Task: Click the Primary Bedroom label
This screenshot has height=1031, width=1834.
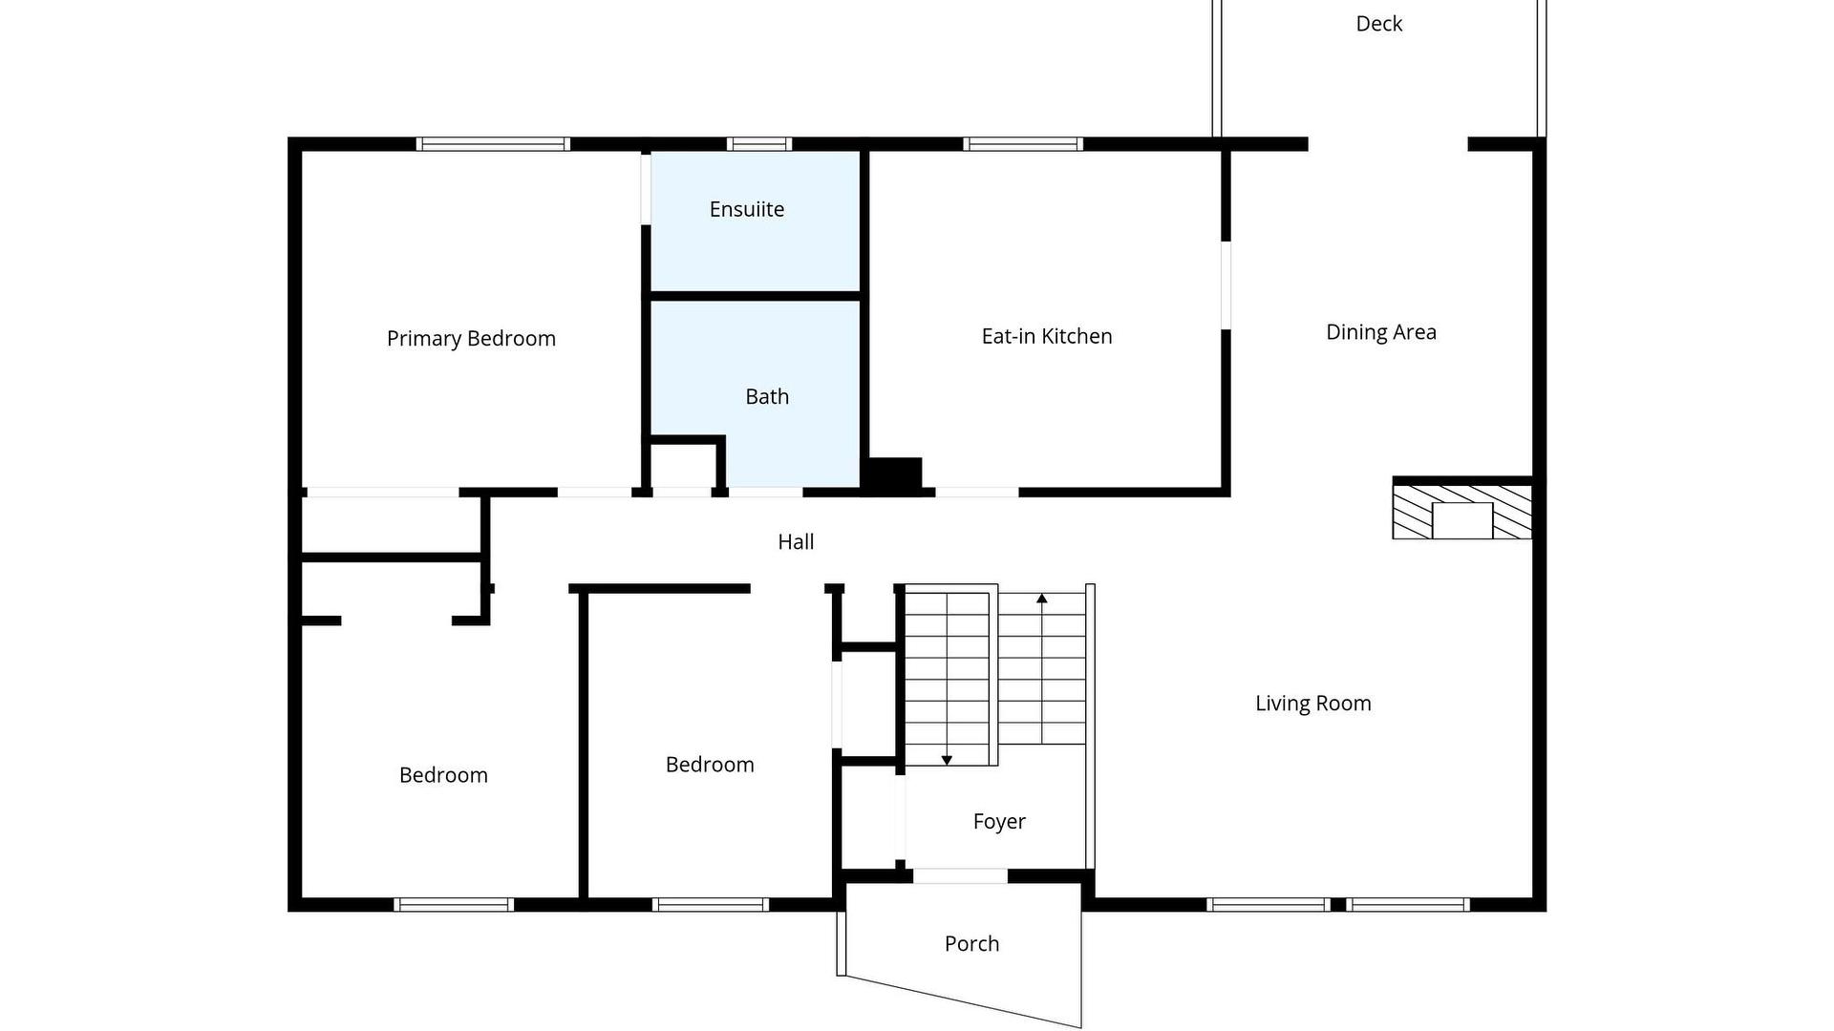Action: (471, 339)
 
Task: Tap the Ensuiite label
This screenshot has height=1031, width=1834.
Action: (747, 209)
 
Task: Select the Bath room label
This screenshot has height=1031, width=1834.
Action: (767, 396)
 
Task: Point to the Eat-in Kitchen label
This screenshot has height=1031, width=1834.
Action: (1047, 336)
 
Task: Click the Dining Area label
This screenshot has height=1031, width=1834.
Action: (1381, 332)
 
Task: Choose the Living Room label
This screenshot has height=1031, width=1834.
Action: (1313, 704)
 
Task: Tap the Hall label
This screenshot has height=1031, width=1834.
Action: (796, 542)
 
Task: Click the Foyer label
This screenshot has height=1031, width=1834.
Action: (999, 822)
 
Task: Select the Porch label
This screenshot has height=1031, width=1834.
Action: (971, 944)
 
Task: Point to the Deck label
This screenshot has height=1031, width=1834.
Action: (1379, 24)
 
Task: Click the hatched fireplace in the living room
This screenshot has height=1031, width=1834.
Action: (1462, 513)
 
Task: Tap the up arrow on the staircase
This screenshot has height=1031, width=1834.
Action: (1042, 668)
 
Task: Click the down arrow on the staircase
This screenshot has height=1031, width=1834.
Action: (947, 679)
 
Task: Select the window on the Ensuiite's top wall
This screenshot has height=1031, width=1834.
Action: (759, 144)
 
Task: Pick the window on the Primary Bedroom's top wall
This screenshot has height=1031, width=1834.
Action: (493, 144)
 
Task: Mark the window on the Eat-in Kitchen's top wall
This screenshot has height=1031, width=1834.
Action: (1023, 144)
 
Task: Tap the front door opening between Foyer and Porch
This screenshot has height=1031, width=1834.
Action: (960, 876)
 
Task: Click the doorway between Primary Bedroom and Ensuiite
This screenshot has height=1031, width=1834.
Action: (646, 188)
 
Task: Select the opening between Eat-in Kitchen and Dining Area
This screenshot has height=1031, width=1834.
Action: (1226, 285)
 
